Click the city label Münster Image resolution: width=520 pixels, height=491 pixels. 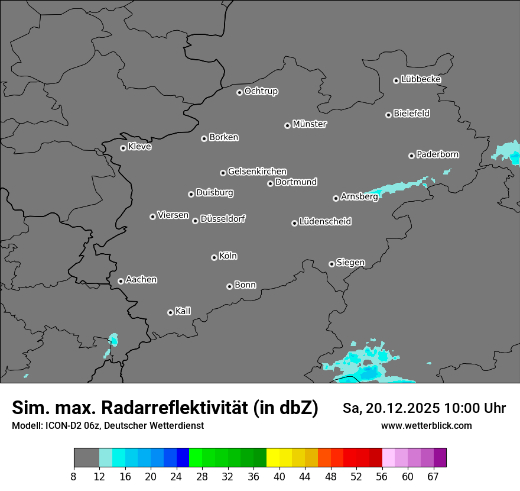[310, 124]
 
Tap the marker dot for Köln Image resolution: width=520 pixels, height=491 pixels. [214, 257]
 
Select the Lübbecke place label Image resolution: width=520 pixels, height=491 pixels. [421, 79]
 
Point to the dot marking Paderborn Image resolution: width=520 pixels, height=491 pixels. [411, 156]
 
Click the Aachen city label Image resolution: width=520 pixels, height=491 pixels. [141, 280]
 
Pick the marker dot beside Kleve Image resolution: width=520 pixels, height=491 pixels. [123, 148]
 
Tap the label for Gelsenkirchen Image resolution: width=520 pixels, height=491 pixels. [257, 172]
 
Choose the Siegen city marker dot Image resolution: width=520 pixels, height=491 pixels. [331, 264]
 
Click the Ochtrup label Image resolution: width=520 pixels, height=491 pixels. [261, 91]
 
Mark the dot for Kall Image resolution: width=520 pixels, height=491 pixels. [170, 312]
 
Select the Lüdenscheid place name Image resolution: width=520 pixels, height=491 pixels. [325, 222]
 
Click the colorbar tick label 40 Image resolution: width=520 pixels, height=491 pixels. [279, 477]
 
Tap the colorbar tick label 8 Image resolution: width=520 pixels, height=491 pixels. [74, 477]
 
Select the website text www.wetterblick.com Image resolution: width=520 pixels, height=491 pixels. [427, 425]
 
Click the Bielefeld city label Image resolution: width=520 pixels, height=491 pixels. [411, 114]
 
